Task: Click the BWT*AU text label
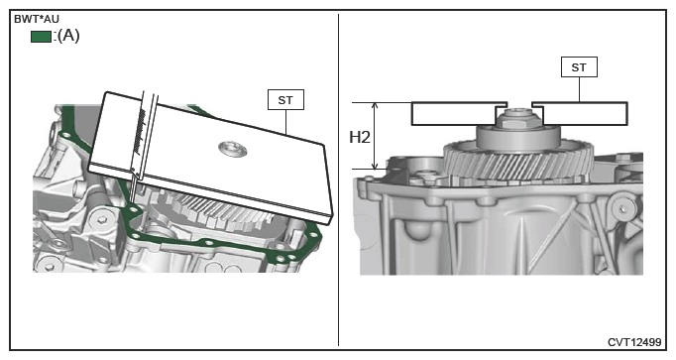click(37, 20)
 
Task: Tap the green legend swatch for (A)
click(41, 37)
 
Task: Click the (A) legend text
click(68, 36)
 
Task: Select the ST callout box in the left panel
click(285, 99)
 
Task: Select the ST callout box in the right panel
click(579, 67)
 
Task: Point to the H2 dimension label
click(359, 138)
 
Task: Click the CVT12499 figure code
click(634, 342)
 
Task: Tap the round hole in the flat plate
click(232, 149)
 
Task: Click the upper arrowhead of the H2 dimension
click(375, 106)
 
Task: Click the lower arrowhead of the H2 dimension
click(375, 166)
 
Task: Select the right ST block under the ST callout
click(581, 114)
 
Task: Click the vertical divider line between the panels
click(338, 180)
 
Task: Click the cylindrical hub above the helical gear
click(518, 138)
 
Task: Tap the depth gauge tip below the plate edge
click(132, 190)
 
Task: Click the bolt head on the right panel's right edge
click(622, 210)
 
